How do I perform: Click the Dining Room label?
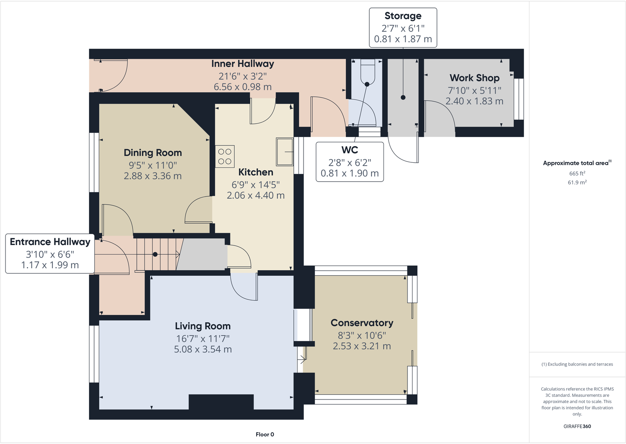coord(153,153)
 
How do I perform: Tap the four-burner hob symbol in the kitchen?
coord(225,156)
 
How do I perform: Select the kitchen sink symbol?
coord(284,152)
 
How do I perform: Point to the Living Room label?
coord(203,326)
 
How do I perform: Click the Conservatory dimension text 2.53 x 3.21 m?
coord(362,346)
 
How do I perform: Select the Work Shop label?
coord(474,78)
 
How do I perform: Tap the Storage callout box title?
coord(403,16)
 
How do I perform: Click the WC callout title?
coord(350,150)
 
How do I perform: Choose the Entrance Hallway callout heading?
coord(50,242)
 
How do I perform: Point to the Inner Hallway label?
coord(243,64)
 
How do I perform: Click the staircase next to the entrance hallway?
coord(157,254)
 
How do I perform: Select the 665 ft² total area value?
coord(577,173)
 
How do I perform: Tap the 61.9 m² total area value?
coord(577,182)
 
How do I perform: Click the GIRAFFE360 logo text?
coord(577,426)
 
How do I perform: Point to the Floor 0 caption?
coord(265,435)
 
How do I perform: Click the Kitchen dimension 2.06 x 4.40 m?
coord(256,195)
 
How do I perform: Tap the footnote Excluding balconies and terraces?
coord(577,364)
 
